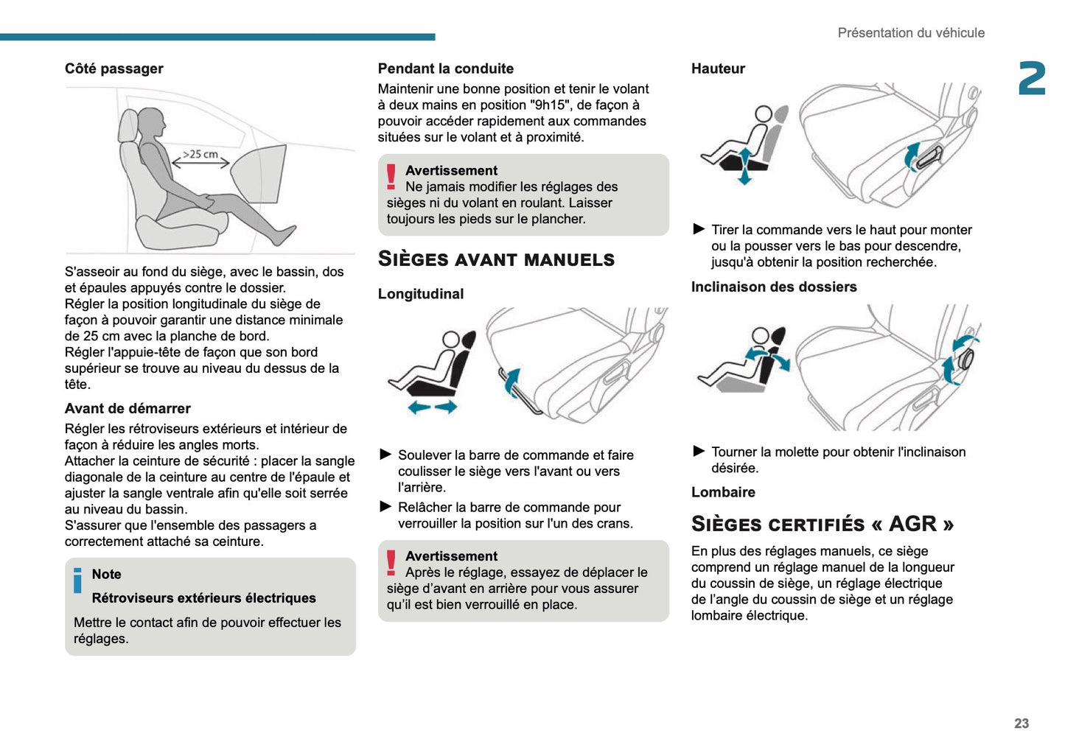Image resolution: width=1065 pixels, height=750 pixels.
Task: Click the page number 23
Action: click(1021, 723)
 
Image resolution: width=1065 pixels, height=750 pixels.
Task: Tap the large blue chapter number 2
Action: click(1032, 79)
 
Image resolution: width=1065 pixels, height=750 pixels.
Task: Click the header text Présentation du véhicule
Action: click(910, 33)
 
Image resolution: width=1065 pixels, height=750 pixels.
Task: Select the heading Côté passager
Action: click(114, 69)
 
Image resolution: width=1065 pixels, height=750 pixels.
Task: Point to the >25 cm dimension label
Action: click(200, 154)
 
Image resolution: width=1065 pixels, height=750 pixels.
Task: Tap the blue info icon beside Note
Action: click(77, 581)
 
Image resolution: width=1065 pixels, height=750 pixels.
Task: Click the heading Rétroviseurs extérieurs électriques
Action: click(203, 598)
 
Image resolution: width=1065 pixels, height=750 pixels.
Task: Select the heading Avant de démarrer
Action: click(128, 409)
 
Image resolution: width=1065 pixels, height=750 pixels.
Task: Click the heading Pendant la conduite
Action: click(445, 69)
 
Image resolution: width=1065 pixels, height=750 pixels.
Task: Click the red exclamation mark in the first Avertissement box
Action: click(391, 178)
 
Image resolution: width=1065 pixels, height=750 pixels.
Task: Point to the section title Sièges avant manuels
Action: click(496, 259)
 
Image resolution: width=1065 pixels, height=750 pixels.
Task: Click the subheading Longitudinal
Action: click(421, 294)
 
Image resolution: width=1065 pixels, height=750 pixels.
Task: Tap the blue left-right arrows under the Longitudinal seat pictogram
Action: click(433, 407)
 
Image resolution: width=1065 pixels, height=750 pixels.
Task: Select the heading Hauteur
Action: click(718, 69)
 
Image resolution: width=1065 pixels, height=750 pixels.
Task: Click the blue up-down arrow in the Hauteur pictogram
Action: click(744, 166)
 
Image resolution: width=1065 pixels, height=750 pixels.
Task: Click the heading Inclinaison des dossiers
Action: click(774, 287)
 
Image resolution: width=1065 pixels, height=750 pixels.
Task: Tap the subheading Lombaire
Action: click(723, 492)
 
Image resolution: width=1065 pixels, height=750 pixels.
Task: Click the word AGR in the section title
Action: click(912, 524)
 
